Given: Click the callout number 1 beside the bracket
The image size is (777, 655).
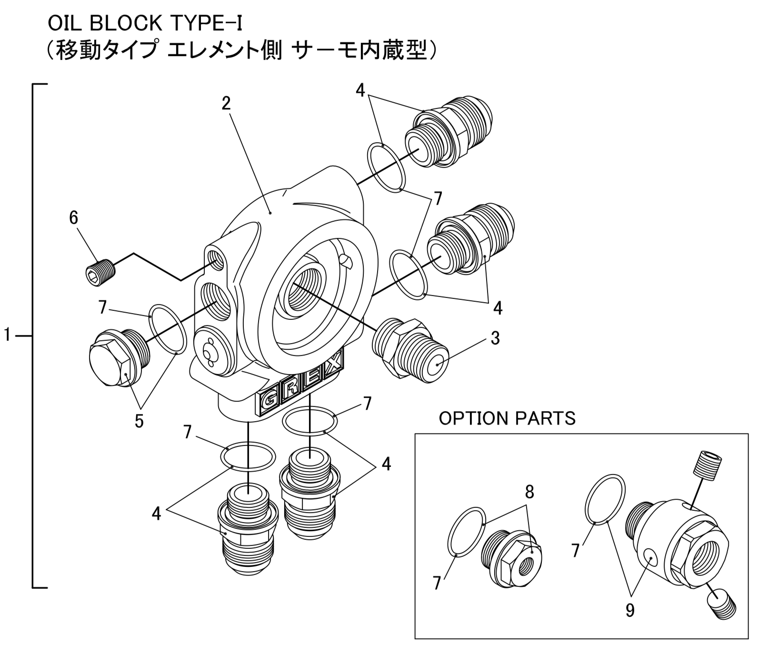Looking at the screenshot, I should coord(7,335).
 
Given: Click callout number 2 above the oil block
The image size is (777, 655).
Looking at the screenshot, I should coord(226,103).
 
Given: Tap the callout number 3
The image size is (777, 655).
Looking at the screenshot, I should coord(495,338).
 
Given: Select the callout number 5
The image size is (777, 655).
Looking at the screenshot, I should coord(139,421).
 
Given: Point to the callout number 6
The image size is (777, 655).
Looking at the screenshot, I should coord(73,218).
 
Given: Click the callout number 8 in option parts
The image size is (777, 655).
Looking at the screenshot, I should coord(529,492).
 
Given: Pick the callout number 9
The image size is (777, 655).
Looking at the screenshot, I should coord(630,610).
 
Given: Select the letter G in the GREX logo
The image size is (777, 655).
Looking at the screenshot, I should coord(268,401).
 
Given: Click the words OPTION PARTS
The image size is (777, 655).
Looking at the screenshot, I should coord(507,418).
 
